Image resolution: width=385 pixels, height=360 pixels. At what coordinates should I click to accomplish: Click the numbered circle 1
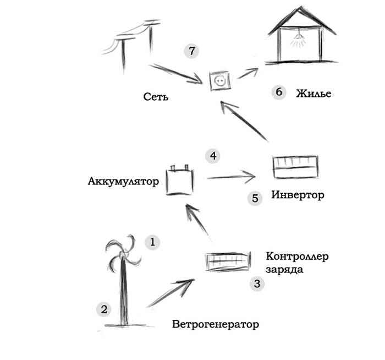(x=152, y=241)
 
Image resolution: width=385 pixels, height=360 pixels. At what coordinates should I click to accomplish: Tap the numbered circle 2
(x=103, y=309)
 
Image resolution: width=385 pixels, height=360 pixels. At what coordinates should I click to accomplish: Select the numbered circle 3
(x=257, y=283)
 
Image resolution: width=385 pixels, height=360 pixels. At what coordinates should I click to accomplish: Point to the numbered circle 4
(x=212, y=156)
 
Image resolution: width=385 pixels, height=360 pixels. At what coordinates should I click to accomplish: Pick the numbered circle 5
(x=254, y=198)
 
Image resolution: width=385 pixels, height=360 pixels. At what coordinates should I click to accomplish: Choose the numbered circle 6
(x=278, y=92)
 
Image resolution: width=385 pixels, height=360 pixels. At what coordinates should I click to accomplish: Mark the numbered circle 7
(x=191, y=51)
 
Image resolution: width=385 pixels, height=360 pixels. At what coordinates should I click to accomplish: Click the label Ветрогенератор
(x=215, y=324)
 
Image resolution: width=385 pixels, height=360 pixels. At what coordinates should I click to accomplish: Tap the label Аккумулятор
(x=123, y=181)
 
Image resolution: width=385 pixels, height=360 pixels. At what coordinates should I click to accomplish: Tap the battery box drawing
(x=181, y=179)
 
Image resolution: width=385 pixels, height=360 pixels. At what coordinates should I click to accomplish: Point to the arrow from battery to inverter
(x=231, y=177)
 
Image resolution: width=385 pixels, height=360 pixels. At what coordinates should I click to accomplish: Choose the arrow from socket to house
(x=248, y=73)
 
